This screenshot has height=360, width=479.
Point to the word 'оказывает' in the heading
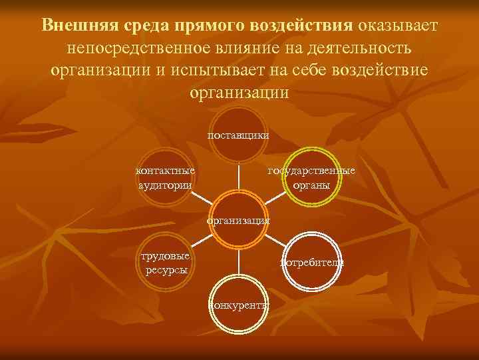[398, 25]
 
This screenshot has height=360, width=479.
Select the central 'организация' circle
[238, 221]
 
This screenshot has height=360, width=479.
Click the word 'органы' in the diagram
[311, 185]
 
